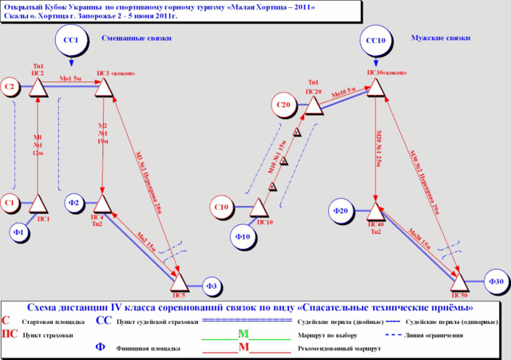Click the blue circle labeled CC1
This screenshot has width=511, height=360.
point(70,40)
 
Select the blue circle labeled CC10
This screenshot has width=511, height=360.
point(375,40)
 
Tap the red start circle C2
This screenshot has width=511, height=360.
point(10,85)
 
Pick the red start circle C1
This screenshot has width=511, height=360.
point(10,203)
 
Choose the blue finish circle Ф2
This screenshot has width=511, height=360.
point(73,203)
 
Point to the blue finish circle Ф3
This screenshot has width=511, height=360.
point(212,284)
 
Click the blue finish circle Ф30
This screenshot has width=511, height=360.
point(495,281)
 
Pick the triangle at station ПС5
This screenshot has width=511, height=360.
point(180,281)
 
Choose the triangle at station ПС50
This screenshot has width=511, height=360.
point(458,281)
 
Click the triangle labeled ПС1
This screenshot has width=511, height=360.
point(39,205)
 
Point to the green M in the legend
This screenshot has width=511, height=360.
point(244,333)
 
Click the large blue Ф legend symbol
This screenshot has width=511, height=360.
point(100,347)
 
